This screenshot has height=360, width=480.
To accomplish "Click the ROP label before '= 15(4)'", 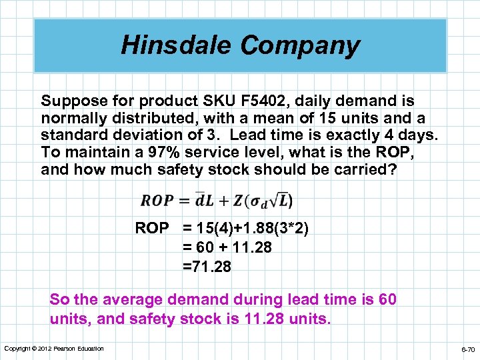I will [152, 229].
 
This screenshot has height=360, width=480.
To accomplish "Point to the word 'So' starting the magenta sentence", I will [59, 300].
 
